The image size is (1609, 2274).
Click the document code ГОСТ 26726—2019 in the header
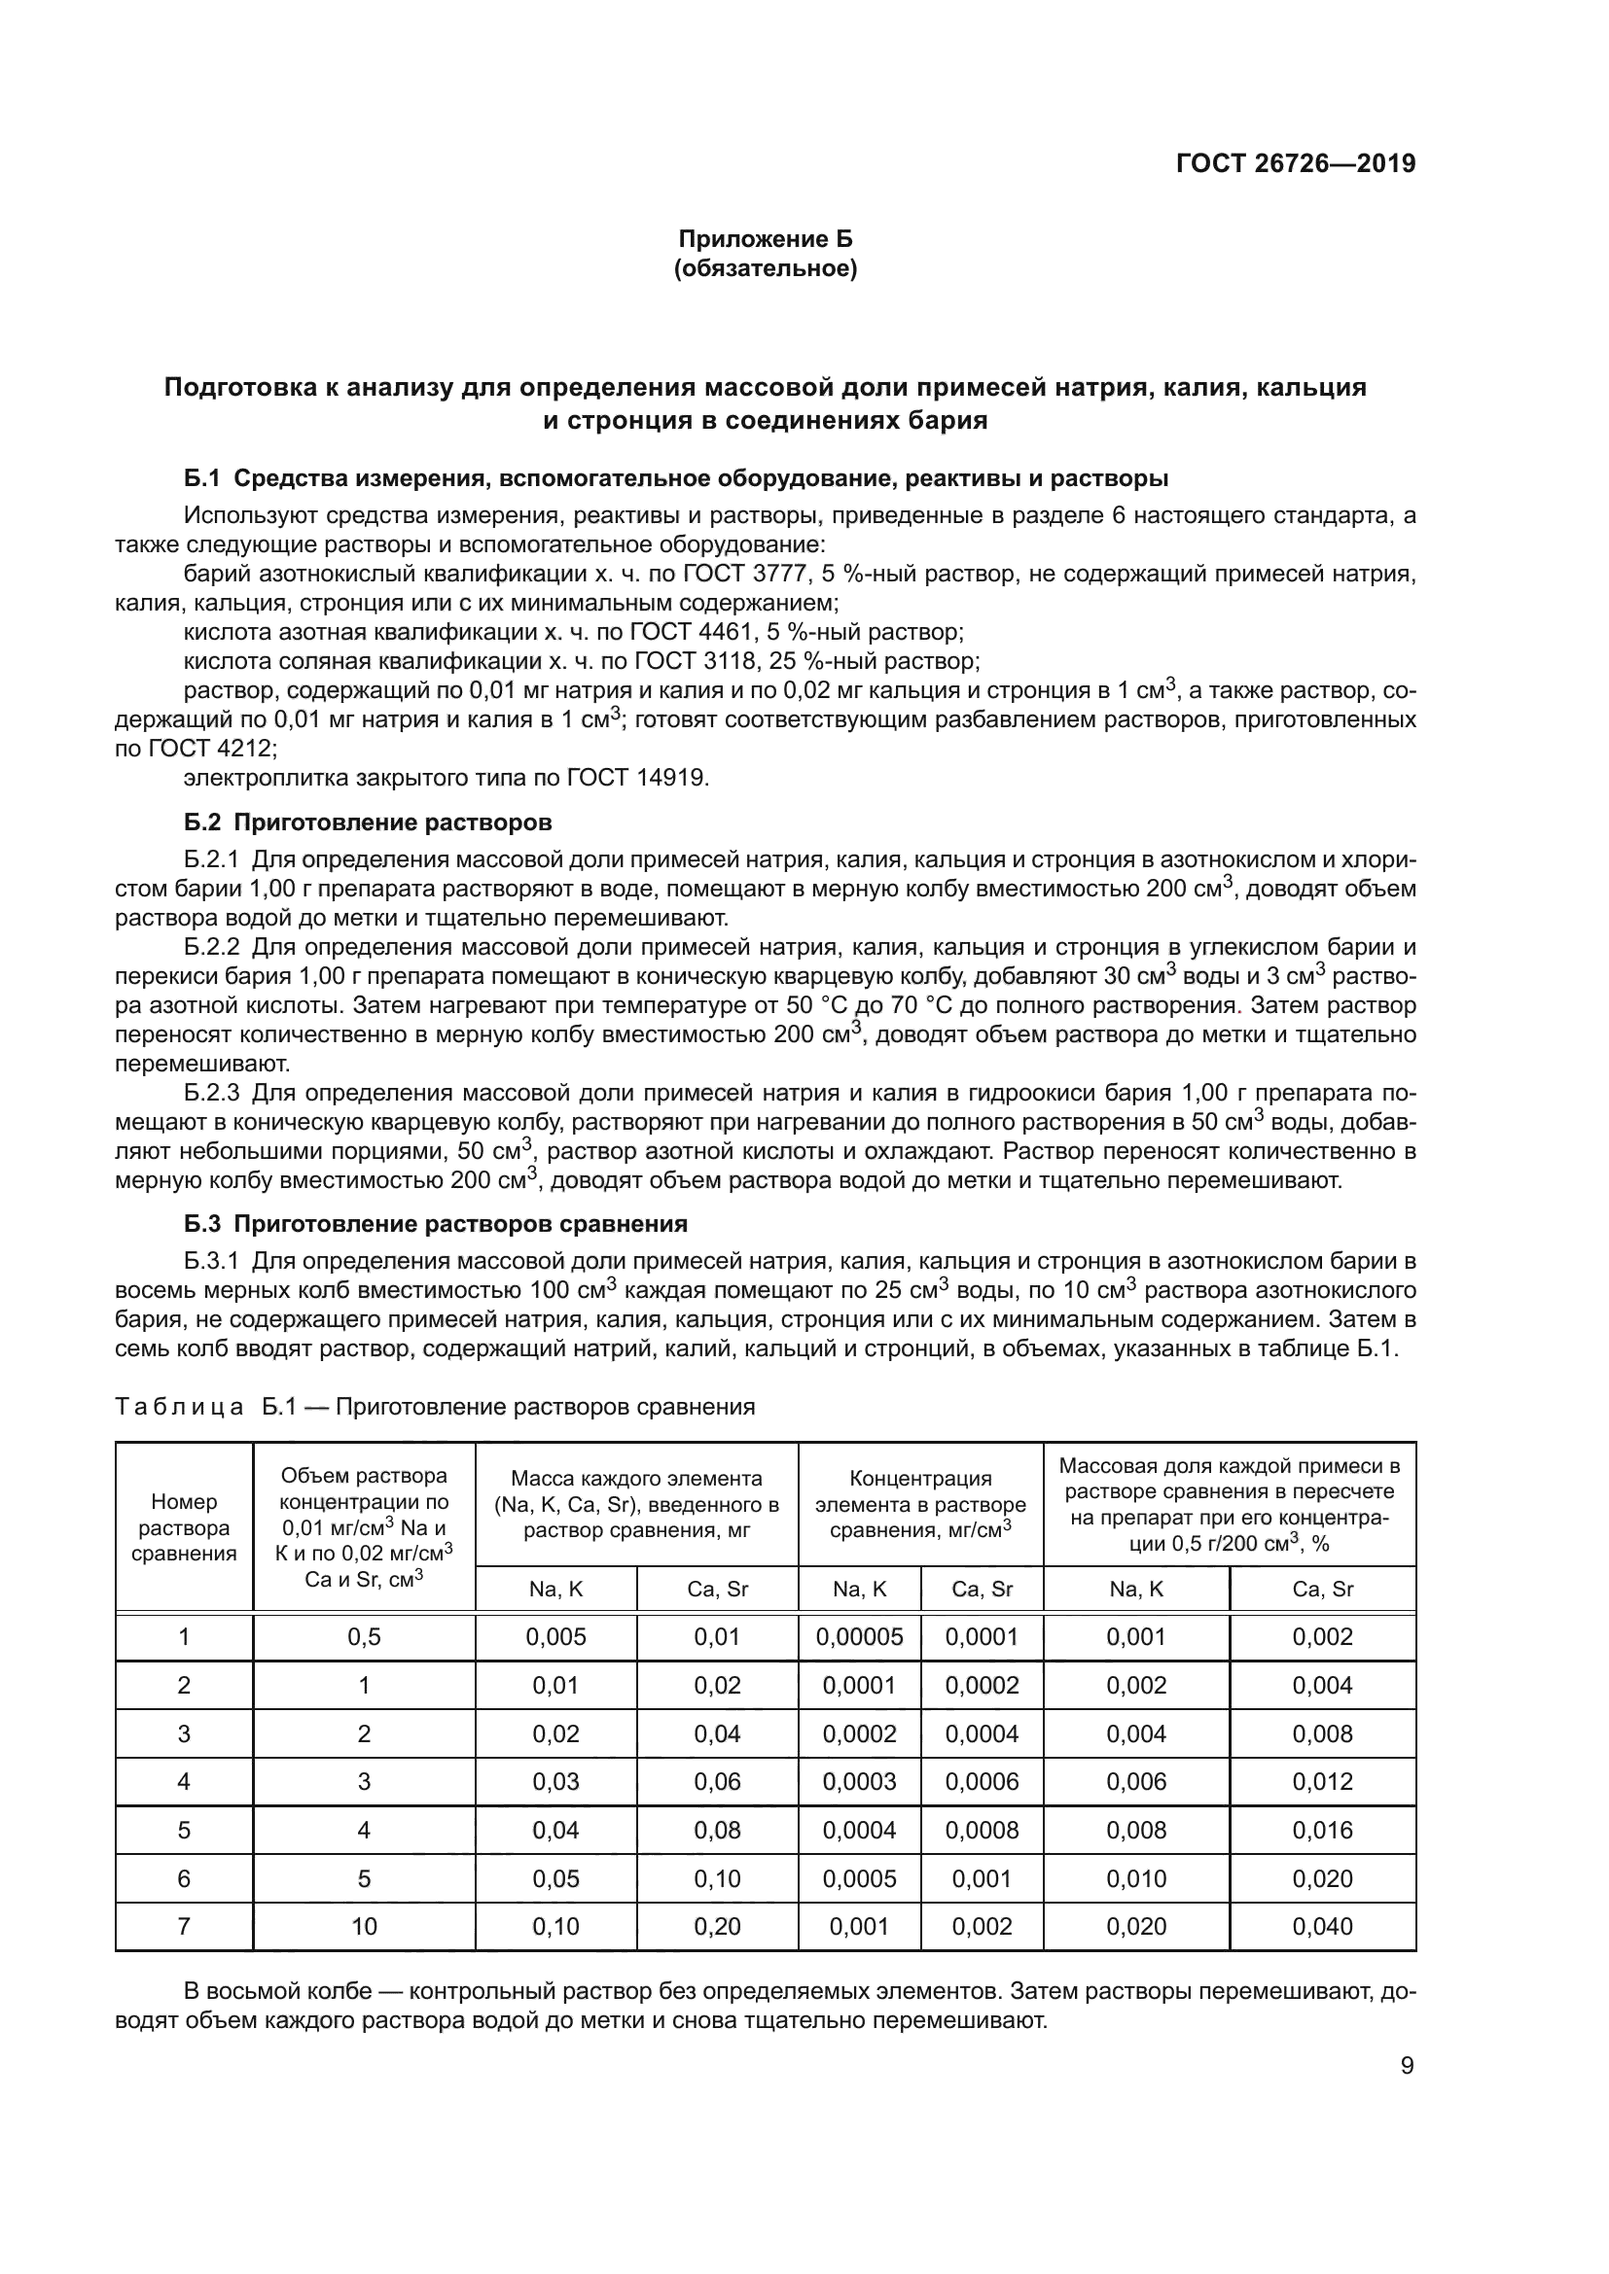point(1295,163)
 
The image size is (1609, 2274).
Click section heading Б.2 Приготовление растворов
point(368,822)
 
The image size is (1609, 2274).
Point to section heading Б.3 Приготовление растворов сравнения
point(435,1224)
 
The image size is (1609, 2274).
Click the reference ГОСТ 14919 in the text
point(637,778)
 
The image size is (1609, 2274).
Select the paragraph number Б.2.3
point(212,1094)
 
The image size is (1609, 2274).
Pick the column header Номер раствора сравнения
point(183,1527)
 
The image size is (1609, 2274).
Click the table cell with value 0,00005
point(859,1637)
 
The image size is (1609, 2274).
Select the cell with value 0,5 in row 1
point(364,1637)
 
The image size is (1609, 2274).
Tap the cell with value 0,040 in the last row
point(1322,1926)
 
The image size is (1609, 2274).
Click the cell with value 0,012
point(1322,1782)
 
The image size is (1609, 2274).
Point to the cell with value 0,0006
point(981,1782)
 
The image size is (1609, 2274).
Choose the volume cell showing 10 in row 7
point(364,1926)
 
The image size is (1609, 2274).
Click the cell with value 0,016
point(1322,1831)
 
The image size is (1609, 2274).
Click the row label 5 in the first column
point(183,1831)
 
